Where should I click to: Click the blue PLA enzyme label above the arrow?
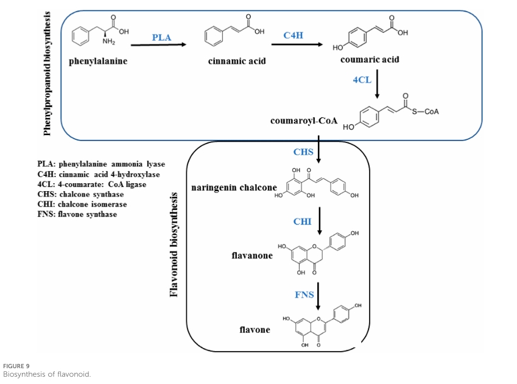coord(161,37)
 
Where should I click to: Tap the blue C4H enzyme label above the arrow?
coord(293,35)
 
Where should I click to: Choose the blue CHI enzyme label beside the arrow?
coord(302,222)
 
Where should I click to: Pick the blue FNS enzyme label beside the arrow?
coord(304,295)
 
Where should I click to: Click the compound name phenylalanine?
coord(98,61)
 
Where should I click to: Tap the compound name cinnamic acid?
coord(237,61)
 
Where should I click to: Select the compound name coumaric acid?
coord(370,60)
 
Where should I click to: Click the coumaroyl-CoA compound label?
coord(303,120)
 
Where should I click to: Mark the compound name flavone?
coord(255,329)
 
